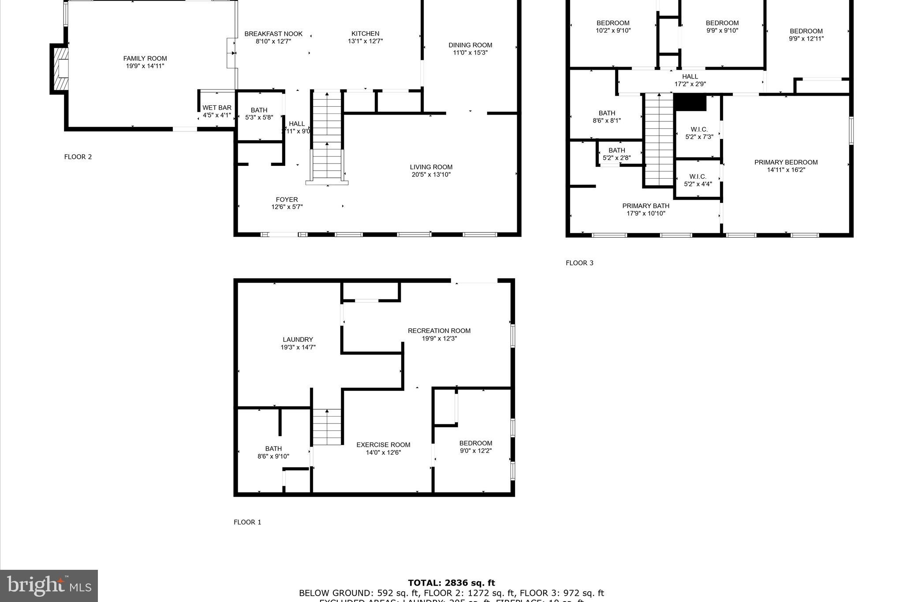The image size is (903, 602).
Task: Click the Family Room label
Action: tap(145, 58)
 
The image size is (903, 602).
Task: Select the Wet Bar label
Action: tap(216, 108)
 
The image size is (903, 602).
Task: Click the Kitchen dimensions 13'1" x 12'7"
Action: tap(365, 41)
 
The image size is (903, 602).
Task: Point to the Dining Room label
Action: tap(470, 45)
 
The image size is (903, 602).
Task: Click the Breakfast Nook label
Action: tap(273, 34)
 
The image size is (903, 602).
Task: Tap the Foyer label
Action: tap(287, 199)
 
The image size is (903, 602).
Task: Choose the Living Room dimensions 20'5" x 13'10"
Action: tap(431, 175)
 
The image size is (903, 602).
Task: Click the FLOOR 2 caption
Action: tap(78, 157)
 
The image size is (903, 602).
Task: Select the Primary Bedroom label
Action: tap(786, 162)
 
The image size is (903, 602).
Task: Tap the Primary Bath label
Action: tap(646, 206)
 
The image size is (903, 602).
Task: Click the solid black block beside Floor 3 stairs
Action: tap(690, 103)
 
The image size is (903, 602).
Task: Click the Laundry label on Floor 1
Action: tap(298, 340)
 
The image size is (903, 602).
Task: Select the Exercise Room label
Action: tap(383, 445)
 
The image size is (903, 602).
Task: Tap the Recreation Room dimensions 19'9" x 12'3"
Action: tap(439, 339)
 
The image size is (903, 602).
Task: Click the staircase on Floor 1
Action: tap(327, 427)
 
